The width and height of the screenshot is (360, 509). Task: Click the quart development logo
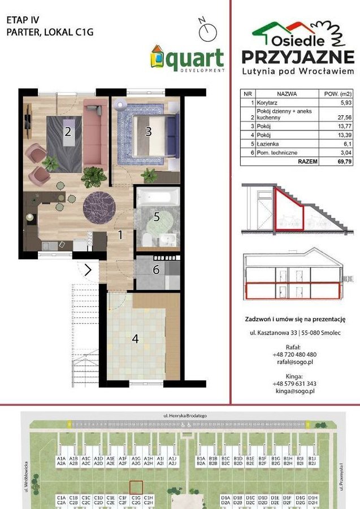[187, 59]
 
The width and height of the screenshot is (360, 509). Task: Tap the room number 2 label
[67, 133]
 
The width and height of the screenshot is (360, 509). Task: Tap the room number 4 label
[135, 339]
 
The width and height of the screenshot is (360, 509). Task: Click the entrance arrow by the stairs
[88, 270]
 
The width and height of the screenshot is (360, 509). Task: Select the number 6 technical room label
[156, 269]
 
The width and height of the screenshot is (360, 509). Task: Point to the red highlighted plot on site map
[136, 488]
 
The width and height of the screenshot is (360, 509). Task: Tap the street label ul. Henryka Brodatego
[181, 415]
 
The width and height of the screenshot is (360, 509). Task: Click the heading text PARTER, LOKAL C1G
[49, 32]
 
